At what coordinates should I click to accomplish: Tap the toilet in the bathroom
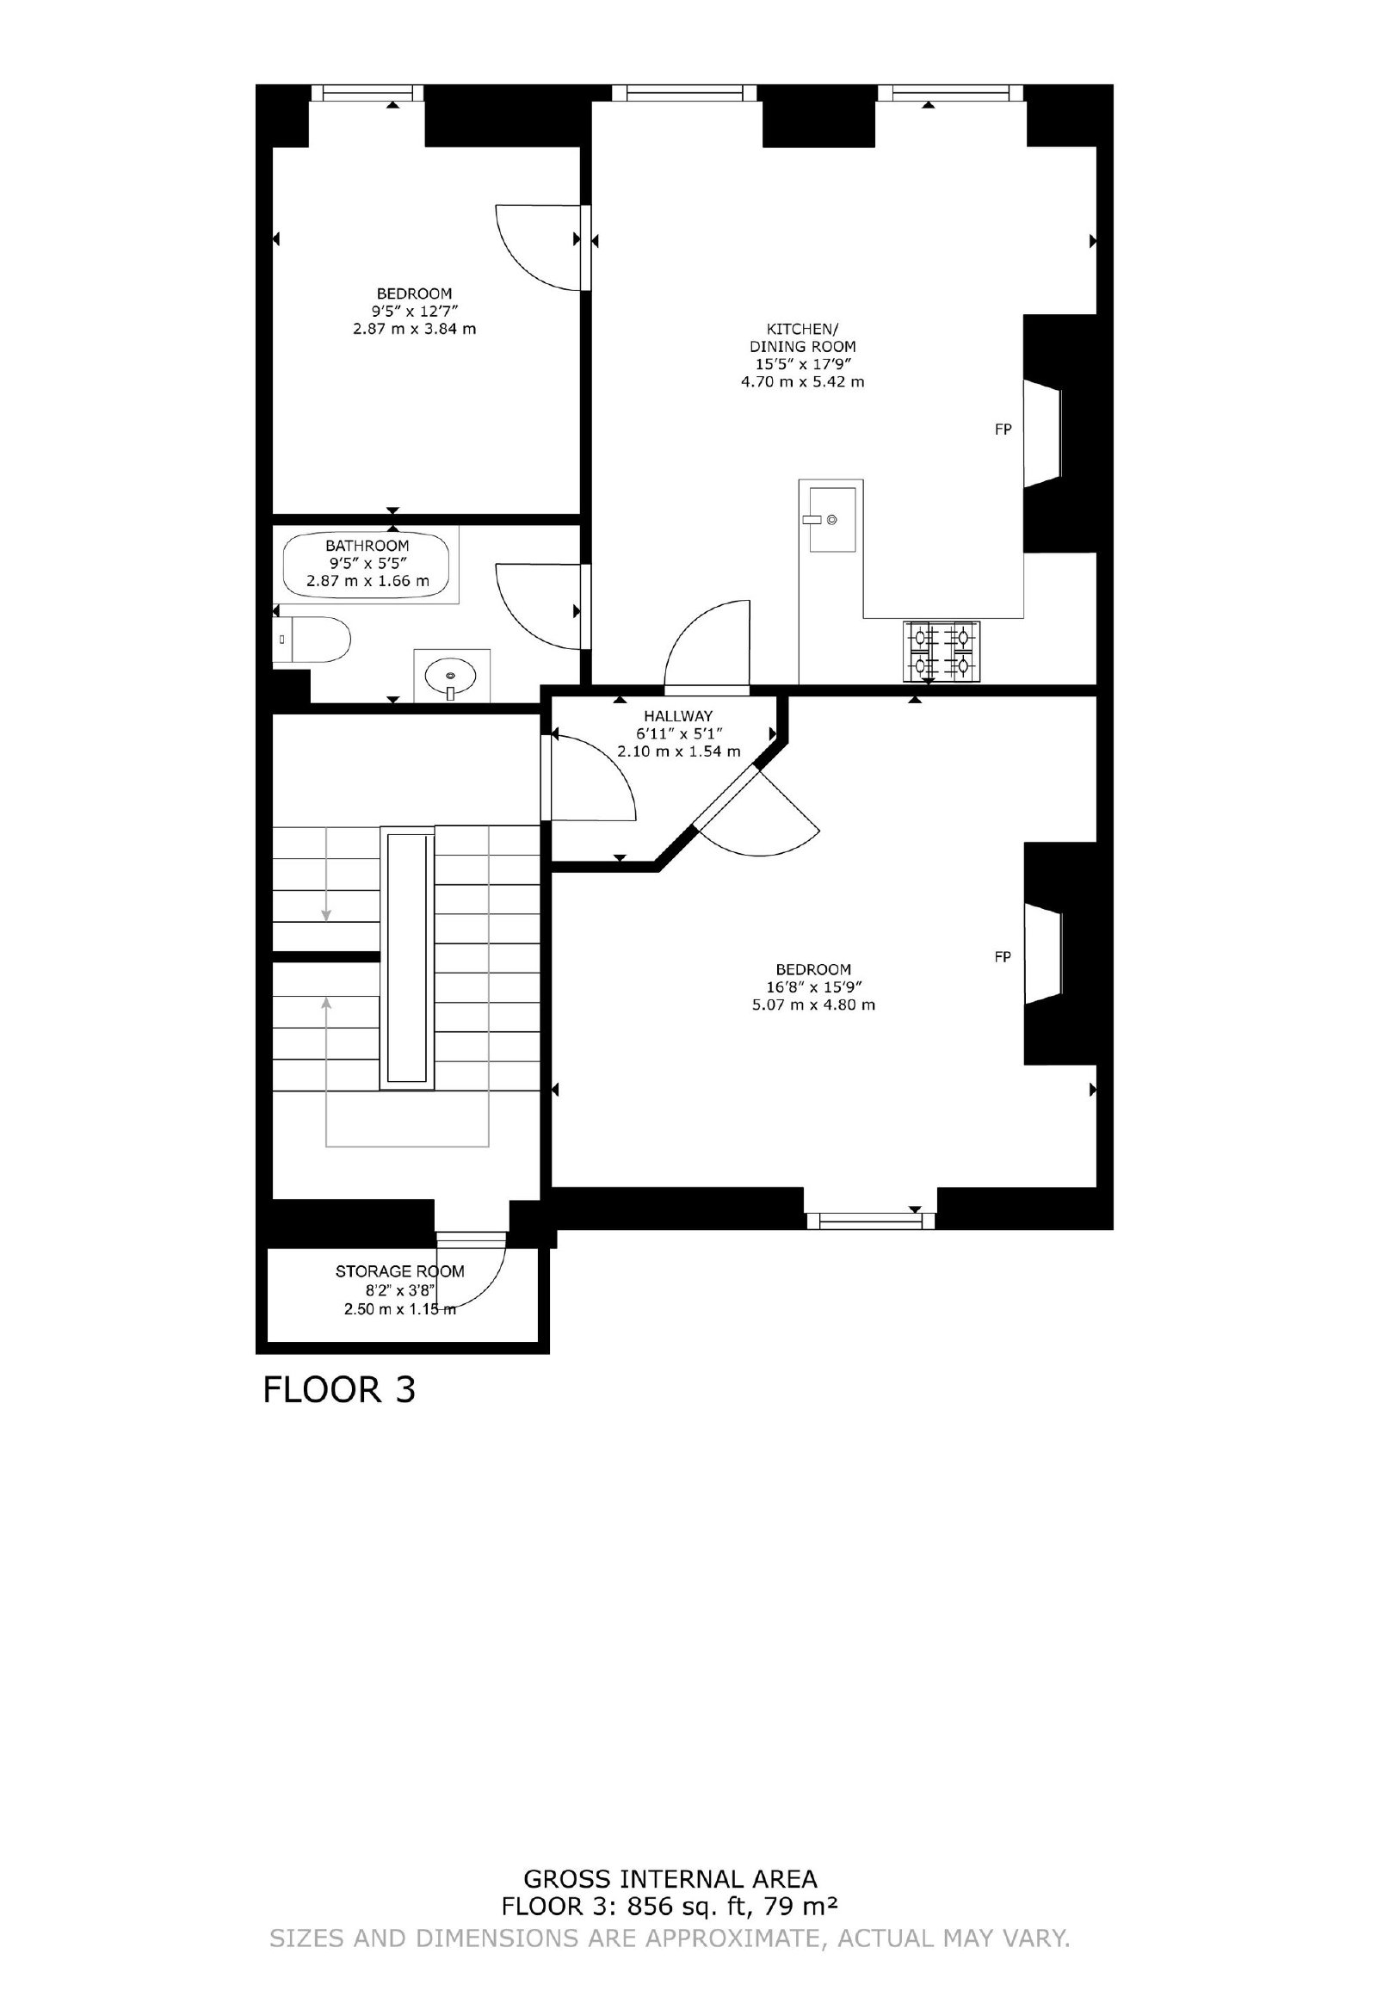pyautogui.click(x=312, y=640)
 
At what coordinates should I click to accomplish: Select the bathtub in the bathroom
pyautogui.click(x=367, y=565)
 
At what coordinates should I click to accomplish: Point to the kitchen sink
pyautogui.click(x=831, y=518)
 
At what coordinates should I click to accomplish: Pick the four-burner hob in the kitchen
pyautogui.click(x=942, y=652)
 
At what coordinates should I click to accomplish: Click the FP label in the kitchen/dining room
pyautogui.click(x=1003, y=429)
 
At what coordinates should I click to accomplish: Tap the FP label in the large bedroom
pyautogui.click(x=1003, y=956)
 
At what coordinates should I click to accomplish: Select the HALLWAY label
pyautogui.click(x=678, y=715)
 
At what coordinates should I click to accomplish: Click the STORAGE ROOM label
pyautogui.click(x=400, y=1271)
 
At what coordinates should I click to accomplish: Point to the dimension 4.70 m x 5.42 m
pyautogui.click(x=802, y=381)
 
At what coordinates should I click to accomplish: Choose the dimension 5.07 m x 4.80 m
pyautogui.click(x=813, y=1005)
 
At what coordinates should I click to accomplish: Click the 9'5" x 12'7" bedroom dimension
pyautogui.click(x=415, y=311)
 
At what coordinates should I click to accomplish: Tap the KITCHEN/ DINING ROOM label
pyautogui.click(x=802, y=337)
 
